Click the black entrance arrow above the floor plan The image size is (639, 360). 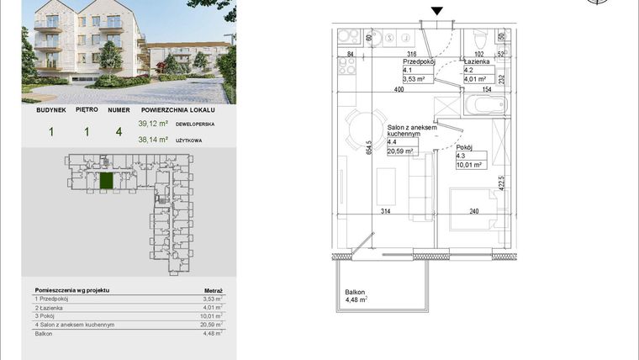click(x=436, y=10)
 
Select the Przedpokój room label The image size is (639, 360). click(x=417, y=62)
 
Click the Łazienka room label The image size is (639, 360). click(x=478, y=62)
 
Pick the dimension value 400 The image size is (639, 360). click(x=399, y=89)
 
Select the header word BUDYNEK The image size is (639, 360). click(x=50, y=110)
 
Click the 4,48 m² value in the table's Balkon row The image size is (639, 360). click(x=214, y=333)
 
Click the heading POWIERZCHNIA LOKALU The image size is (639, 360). click(x=178, y=110)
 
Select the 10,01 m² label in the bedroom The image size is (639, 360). click(x=467, y=166)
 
